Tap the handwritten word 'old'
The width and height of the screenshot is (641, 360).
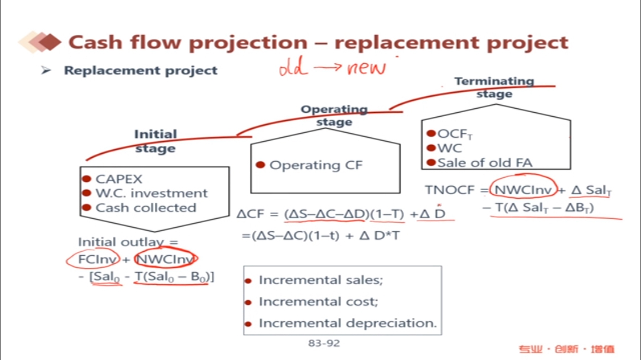(294, 68)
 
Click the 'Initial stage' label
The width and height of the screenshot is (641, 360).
(155, 141)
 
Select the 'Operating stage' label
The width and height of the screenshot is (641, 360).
(334, 115)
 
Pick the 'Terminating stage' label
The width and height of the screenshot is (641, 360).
(494, 87)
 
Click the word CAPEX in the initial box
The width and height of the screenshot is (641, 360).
(119, 179)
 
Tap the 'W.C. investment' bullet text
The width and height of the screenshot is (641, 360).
(152, 194)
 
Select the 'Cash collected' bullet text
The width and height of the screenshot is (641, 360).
(145, 208)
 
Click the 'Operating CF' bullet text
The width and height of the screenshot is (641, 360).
(316, 165)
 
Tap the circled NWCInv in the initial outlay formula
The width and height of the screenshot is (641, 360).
(166, 260)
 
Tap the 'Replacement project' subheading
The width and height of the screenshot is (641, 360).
(140, 71)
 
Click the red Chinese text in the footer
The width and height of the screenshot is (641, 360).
(566, 349)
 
